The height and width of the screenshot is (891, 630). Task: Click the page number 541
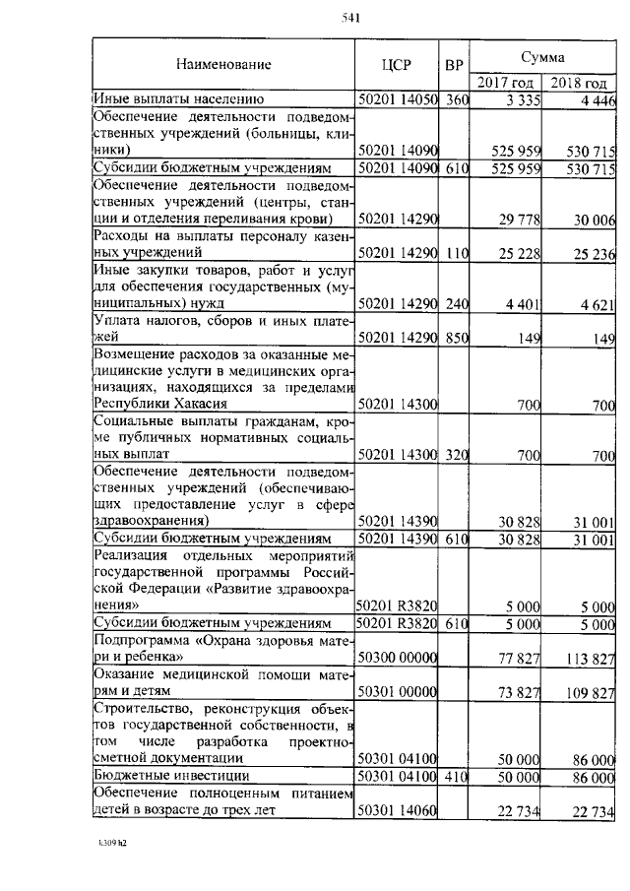349,18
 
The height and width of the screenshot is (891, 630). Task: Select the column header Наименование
223,65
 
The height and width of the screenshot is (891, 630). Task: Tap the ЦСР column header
396,66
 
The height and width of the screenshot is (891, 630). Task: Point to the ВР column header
454,66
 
